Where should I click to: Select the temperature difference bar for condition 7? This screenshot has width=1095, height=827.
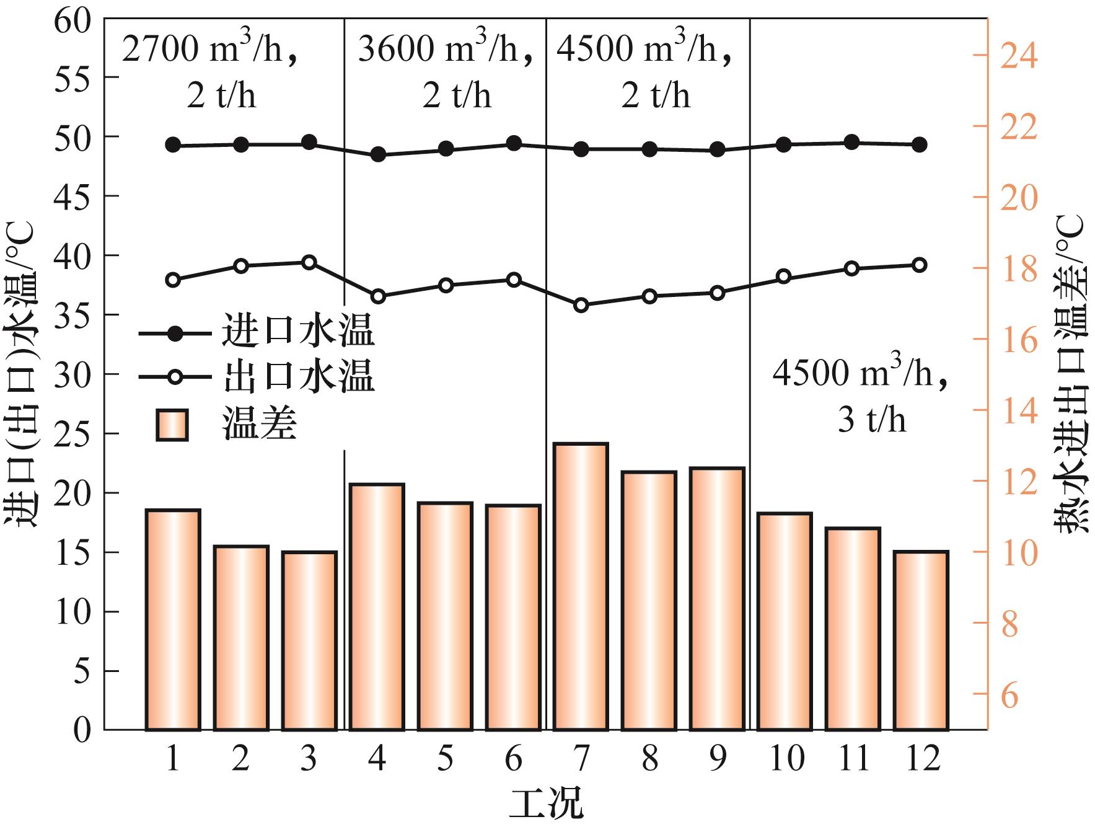pyautogui.click(x=581, y=586)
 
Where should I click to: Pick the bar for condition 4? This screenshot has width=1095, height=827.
pyautogui.click(x=377, y=607)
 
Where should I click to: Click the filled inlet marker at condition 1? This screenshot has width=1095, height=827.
pyautogui.click(x=173, y=145)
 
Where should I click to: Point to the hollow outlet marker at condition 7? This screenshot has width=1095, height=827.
pyautogui.click(x=581, y=305)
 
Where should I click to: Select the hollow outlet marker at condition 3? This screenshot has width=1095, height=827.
pyautogui.click(x=309, y=262)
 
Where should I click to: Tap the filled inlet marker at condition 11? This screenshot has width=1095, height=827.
pyautogui.click(x=852, y=142)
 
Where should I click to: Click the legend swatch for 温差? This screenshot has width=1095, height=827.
pyautogui.click(x=172, y=425)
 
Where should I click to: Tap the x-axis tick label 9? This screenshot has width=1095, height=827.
pyautogui.click(x=717, y=759)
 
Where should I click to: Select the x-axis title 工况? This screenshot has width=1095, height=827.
pyautogui.click(x=546, y=803)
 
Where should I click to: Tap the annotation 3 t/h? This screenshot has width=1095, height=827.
pyautogui.click(x=872, y=420)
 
